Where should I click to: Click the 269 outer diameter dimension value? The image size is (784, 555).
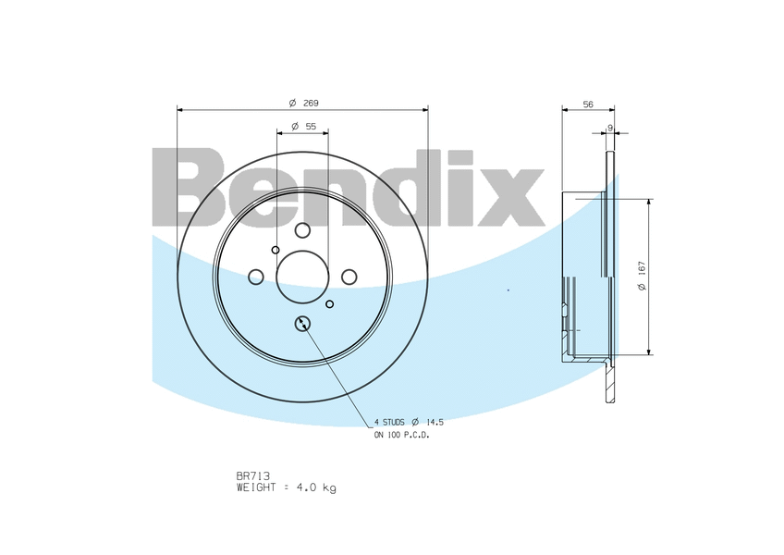click(311, 103)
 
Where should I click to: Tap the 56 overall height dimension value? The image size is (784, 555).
click(588, 105)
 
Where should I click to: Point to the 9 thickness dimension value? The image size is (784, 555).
click(610, 127)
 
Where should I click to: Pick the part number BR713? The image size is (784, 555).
click(253, 476)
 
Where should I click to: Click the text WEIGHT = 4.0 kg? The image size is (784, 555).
click(286, 487)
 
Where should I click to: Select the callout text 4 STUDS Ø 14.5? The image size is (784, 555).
click(409, 422)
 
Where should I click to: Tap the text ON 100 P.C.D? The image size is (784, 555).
click(401, 435)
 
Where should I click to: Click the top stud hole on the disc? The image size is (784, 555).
click(302, 230)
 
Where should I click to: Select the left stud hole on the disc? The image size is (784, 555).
click(256, 277)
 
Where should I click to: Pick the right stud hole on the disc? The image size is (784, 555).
click(349, 277)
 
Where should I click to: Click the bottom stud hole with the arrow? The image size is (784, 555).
click(302, 323)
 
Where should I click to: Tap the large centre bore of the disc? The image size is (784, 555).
click(302, 277)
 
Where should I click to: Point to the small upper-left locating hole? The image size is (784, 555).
click(276, 250)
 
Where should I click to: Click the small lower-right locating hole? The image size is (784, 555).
click(330, 303)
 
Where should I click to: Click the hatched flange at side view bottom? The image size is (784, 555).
click(609, 383)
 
